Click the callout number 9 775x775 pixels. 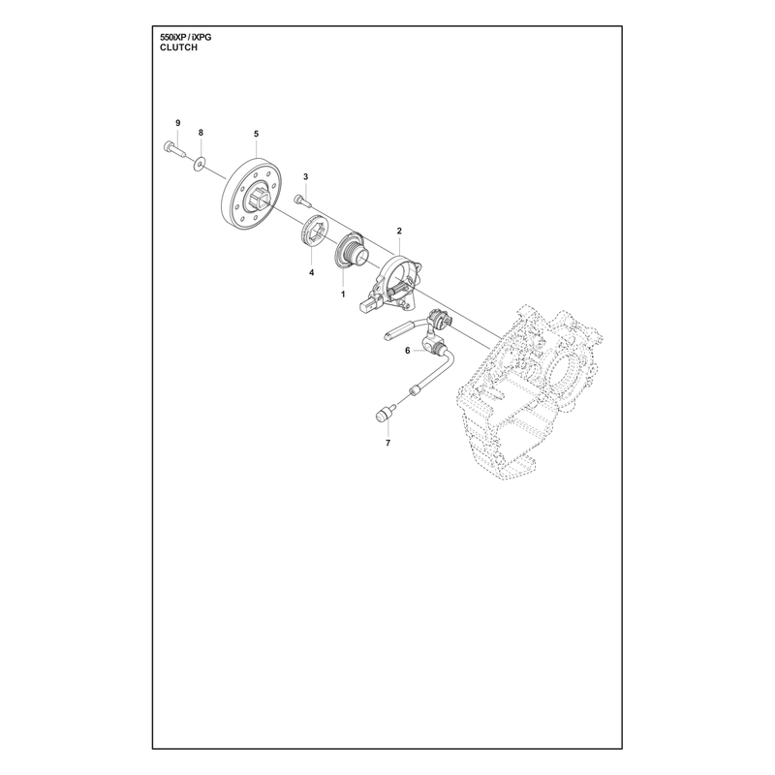point(178,123)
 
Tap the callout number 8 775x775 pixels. point(201,133)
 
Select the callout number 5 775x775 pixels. point(256,134)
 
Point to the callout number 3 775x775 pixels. point(305,176)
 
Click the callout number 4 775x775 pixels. point(311,272)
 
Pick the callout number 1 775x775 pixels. point(343,294)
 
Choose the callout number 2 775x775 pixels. point(399,231)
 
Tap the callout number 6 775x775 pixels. point(407,351)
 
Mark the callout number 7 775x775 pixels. point(388,443)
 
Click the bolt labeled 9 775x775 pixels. point(173,149)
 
